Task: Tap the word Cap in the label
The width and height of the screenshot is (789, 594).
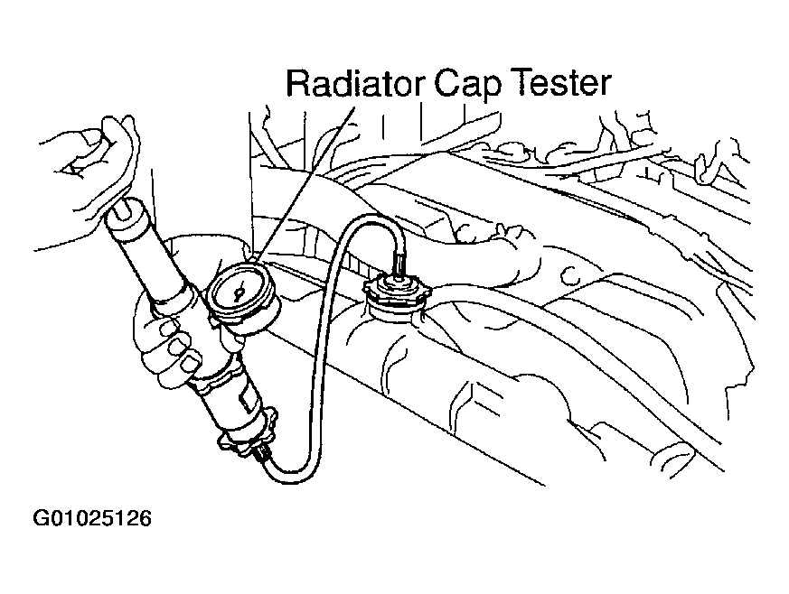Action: [467, 87]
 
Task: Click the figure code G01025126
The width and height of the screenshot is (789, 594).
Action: [92, 518]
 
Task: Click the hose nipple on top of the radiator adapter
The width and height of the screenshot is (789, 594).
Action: [398, 264]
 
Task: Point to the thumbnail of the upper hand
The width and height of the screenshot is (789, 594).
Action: [91, 136]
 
